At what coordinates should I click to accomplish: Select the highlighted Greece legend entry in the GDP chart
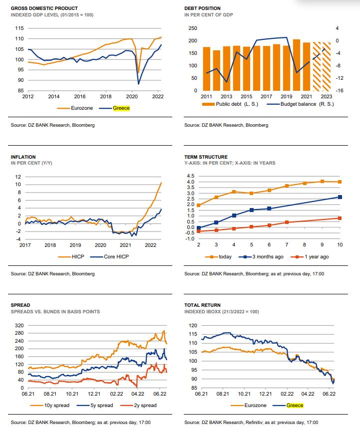point(121,107)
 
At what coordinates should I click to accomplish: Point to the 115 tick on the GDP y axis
point(19,39)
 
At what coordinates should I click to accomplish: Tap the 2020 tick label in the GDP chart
point(132,96)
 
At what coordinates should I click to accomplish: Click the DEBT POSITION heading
point(202,8)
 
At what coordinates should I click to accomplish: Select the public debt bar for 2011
point(206,69)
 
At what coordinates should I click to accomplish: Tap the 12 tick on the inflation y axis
point(18,177)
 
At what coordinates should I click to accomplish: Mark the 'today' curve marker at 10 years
point(340,182)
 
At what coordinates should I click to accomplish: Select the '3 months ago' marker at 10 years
point(340,197)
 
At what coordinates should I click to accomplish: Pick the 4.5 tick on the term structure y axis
point(190,176)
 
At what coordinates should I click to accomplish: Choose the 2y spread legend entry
point(142,405)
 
